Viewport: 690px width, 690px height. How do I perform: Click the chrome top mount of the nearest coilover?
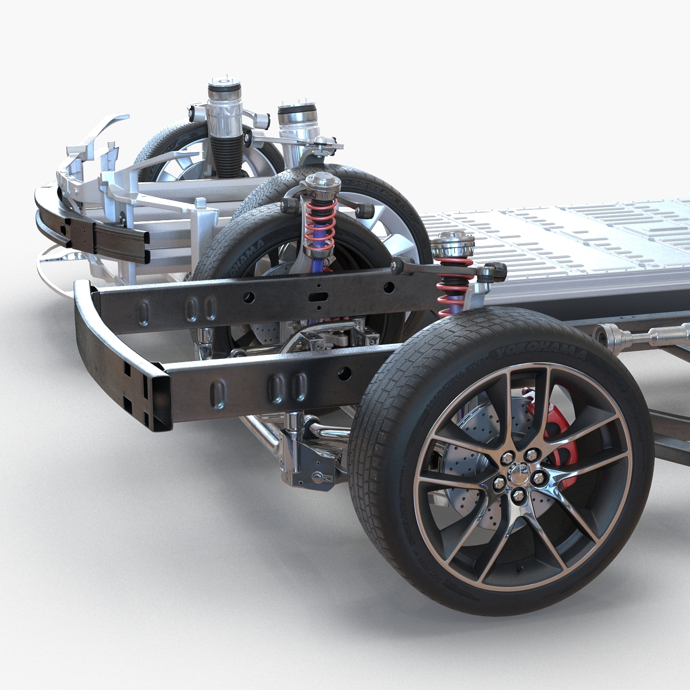click(453, 246)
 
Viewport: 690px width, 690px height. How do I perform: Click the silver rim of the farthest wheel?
click(184, 164)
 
